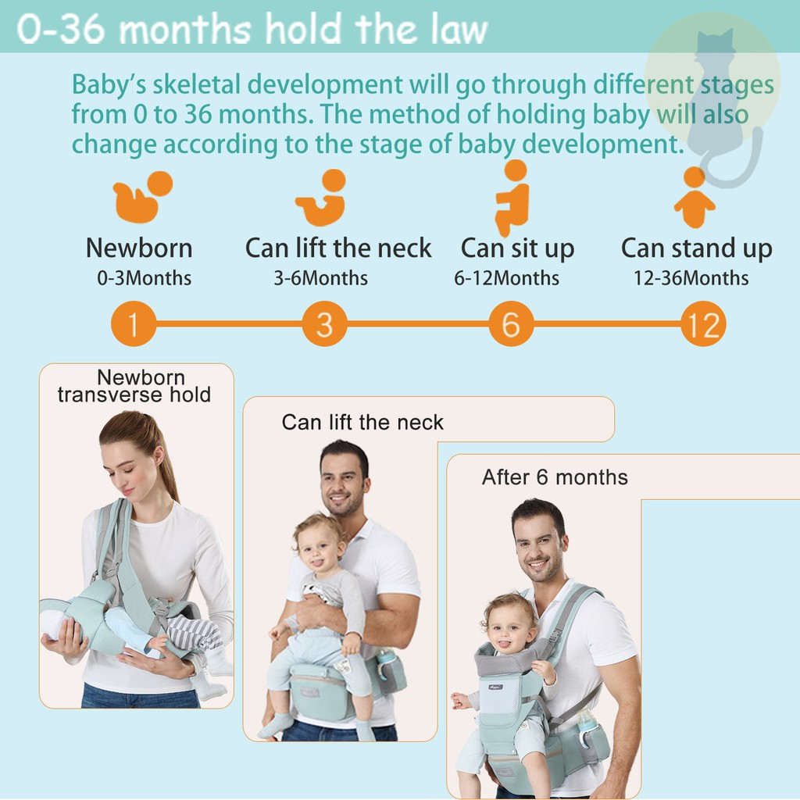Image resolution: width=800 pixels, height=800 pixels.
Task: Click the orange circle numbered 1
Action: [134, 323]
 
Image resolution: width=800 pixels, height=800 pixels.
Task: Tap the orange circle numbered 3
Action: [324, 323]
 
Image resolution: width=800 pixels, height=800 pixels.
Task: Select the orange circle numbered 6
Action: [511, 323]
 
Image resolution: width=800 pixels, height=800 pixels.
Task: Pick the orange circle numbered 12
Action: [703, 323]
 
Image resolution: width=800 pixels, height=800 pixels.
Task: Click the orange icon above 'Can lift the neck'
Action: [321, 198]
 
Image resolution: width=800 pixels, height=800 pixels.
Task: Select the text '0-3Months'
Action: [145, 278]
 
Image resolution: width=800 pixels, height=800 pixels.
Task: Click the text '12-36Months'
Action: [691, 278]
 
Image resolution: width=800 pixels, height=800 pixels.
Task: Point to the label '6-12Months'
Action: [506, 278]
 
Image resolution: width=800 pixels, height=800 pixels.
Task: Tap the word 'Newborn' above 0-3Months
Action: [139, 248]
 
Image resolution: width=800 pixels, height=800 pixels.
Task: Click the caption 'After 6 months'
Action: [555, 477]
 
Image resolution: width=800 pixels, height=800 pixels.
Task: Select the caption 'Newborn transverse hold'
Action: [134, 386]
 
